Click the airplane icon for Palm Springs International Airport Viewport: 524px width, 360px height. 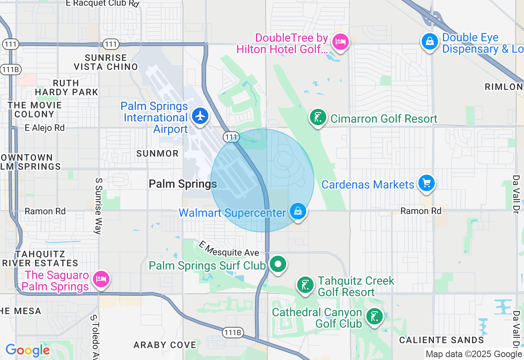200,116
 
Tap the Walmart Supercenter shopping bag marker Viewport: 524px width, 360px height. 298,211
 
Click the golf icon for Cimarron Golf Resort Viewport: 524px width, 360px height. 318,117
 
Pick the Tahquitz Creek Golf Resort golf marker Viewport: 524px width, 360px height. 305,285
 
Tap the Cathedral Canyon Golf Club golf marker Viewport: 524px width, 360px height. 374,317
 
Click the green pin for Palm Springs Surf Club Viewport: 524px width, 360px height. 278,264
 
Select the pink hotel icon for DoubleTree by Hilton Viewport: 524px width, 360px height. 340,42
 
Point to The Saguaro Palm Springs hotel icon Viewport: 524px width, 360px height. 101,279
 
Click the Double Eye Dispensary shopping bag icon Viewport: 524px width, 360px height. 430,41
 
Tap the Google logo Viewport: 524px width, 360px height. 27,351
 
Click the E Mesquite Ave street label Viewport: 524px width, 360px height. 229,249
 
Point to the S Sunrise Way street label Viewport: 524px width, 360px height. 98,206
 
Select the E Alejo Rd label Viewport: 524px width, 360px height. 45,128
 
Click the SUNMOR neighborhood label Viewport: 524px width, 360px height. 158,154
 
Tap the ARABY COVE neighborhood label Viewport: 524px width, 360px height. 165,345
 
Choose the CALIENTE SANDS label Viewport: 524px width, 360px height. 442,340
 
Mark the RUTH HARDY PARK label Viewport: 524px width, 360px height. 66,88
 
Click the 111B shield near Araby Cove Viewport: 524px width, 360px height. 233,333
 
